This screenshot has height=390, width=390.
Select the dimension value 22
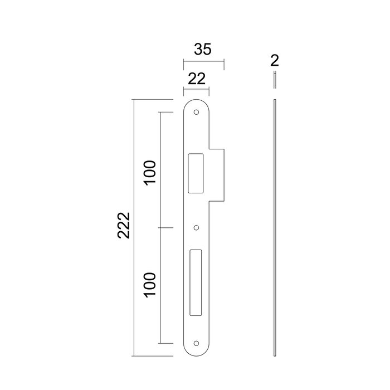point(195,79)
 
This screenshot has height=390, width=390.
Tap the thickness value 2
point(275,60)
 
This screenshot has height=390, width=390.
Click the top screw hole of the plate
point(196,113)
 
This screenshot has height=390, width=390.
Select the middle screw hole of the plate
point(196,228)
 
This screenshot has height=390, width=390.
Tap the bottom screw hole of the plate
point(196,343)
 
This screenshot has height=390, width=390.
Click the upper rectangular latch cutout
point(196,173)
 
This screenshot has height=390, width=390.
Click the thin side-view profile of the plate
point(275,223)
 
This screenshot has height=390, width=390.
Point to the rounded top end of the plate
point(196,103)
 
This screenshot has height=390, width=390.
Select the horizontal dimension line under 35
point(203,62)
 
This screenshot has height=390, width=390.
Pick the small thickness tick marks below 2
point(275,80)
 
